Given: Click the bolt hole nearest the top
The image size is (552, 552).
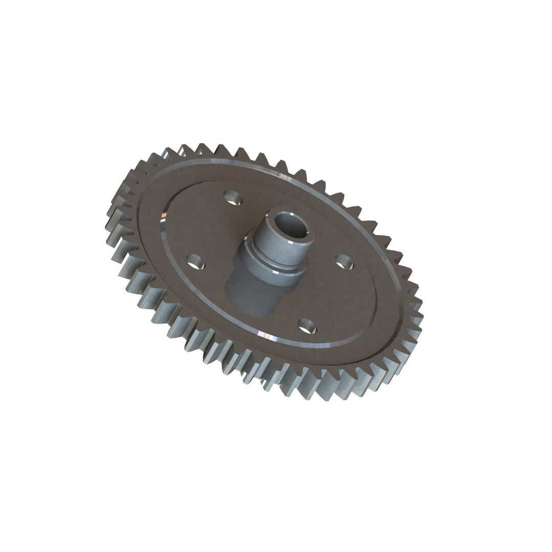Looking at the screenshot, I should click(x=233, y=197).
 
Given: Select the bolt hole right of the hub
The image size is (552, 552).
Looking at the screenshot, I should click(x=344, y=262).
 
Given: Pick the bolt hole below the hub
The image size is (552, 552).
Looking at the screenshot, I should click(x=307, y=326).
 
